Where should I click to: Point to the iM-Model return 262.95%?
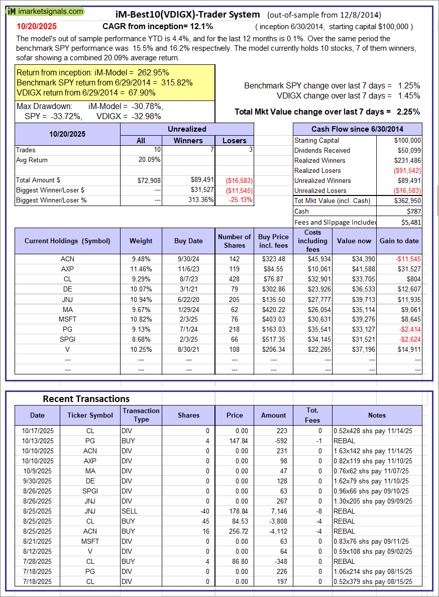tap(149, 72)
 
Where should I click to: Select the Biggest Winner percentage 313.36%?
tap(199, 200)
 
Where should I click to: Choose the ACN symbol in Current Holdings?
tap(67, 259)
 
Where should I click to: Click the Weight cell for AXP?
tap(141, 269)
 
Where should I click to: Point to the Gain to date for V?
tap(406, 349)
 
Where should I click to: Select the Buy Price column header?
tap(273, 241)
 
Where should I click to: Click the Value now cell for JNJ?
tap(354, 299)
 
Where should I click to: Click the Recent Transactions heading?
tap(86, 399)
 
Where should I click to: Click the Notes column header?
tap(377, 415)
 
